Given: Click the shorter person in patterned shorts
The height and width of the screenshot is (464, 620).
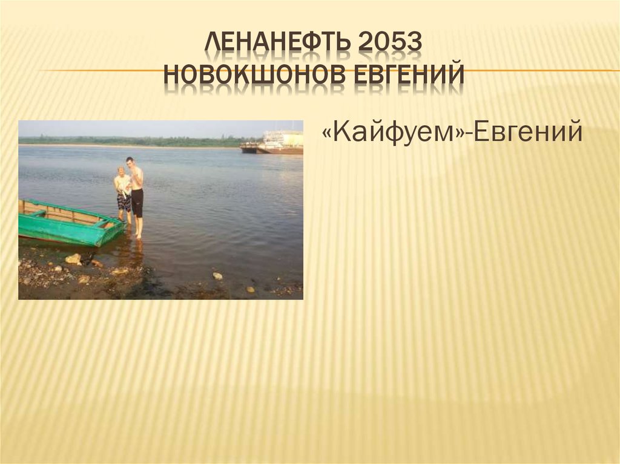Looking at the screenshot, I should [x=123, y=194].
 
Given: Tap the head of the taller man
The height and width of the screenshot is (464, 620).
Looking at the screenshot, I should [x=130, y=162].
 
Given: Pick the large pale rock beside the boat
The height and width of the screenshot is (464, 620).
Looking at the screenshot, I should [x=73, y=258].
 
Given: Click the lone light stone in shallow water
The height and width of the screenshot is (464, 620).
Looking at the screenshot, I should [x=217, y=275].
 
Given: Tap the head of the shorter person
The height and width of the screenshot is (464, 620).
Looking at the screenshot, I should [x=121, y=171].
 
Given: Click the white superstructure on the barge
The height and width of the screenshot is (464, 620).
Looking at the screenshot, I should [x=284, y=139].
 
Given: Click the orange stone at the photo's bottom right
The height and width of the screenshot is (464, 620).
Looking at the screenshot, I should [x=251, y=290].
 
